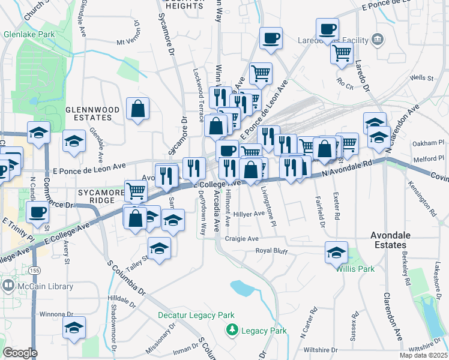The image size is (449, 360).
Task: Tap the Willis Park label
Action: [355, 269]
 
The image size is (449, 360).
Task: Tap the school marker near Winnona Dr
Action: [74, 328]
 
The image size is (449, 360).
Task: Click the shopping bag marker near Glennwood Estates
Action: [138, 109]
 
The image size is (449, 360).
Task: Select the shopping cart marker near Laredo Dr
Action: [342, 52]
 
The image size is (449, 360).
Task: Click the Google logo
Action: [20, 353]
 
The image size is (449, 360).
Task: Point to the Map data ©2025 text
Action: [423, 355]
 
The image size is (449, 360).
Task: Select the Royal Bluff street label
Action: [273, 251]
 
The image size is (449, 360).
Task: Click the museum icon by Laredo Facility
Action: [378, 40]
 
